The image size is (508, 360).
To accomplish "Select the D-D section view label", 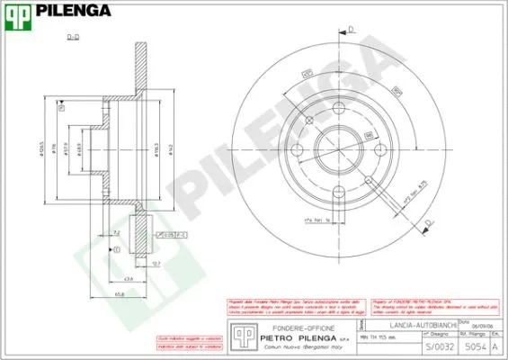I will [x=74, y=37].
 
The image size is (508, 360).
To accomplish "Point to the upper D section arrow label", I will [x=352, y=30].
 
